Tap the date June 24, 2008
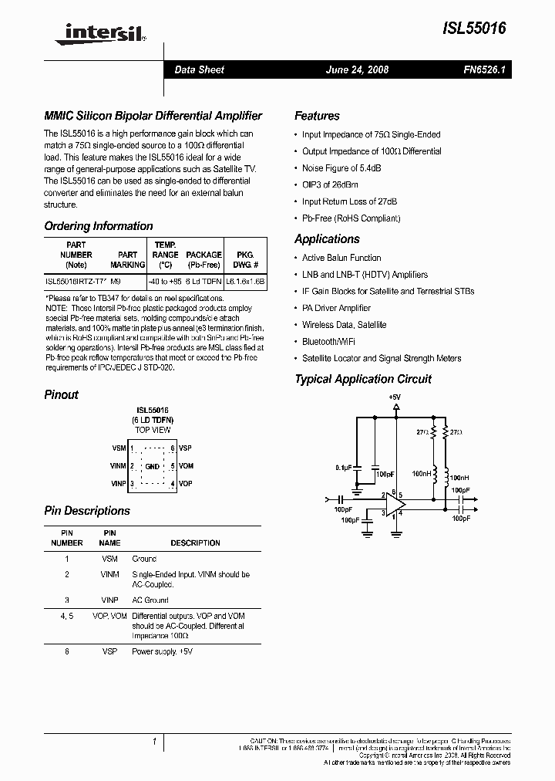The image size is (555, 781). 358,69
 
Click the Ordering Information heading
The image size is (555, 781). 99,226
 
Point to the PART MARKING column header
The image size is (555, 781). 128,259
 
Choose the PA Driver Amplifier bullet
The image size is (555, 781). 336,308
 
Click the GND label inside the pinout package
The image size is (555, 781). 153,466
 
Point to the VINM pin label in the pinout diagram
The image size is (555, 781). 118,466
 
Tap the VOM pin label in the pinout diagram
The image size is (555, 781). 186,466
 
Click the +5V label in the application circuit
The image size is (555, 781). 395,397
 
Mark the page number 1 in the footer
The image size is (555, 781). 154,742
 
